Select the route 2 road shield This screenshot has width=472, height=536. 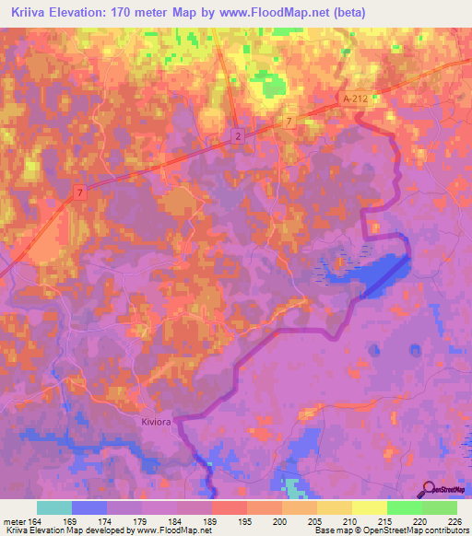[238, 135]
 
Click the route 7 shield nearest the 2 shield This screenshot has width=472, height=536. [289, 122]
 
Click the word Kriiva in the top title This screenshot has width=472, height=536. [29, 13]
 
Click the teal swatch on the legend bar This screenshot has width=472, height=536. [54, 507]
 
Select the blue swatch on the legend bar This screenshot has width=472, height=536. [89, 507]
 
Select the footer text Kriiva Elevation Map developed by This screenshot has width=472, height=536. [66, 530]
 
